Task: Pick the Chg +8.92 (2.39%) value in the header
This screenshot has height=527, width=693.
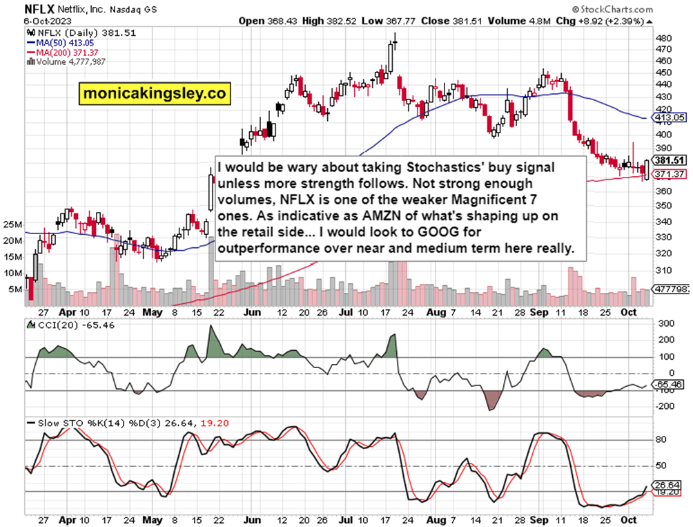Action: (612, 21)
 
